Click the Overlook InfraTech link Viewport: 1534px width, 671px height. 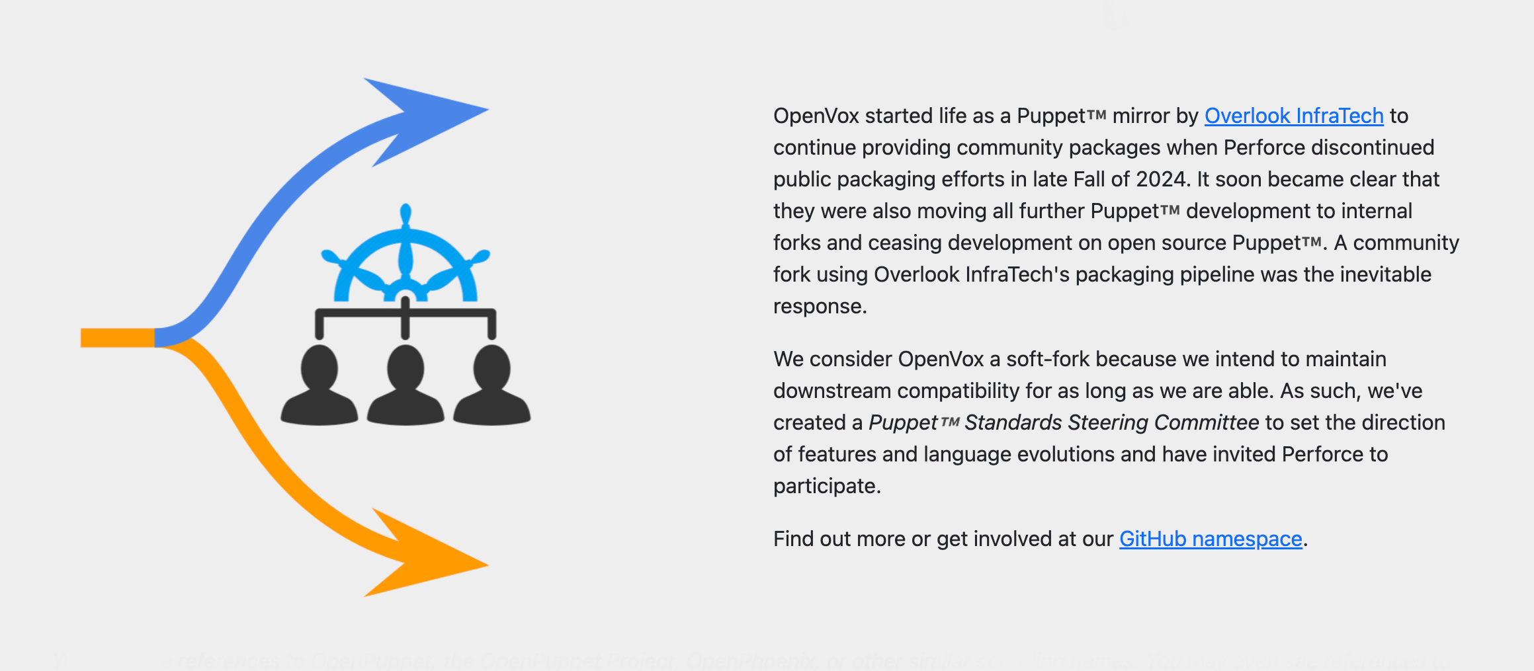(x=1293, y=116)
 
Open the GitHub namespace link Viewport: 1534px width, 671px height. (x=1210, y=539)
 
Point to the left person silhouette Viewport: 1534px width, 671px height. (x=320, y=387)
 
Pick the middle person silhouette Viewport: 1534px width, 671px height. (x=405, y=387)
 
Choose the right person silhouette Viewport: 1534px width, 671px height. (x=491, y=387)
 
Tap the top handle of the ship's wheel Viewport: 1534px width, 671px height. (x=406, y=216)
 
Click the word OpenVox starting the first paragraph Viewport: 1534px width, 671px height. (x=816, y=116)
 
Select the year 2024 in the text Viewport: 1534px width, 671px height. (x=1160, y=179)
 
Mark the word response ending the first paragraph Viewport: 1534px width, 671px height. (x=819, y=306)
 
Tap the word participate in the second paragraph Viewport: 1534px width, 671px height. (x=826, y=486)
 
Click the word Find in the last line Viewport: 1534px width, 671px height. (x=793, y=539)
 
